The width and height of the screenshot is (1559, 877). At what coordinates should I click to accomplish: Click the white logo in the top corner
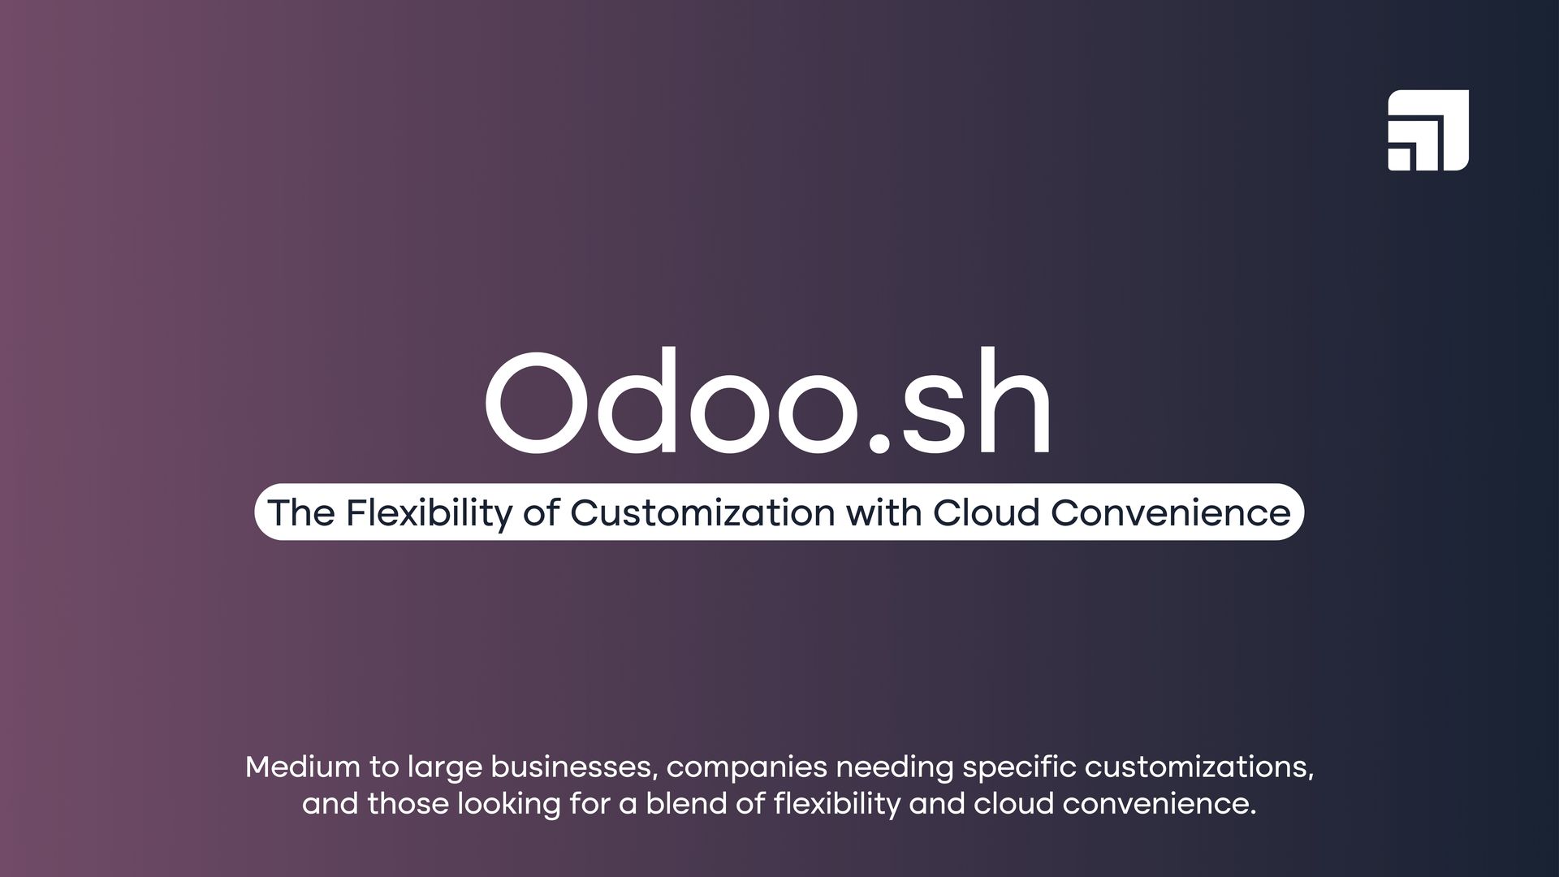(1427, 130)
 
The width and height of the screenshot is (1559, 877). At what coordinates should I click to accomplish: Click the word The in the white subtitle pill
(300, 512)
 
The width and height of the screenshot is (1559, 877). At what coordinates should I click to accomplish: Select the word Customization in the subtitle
(702, 512)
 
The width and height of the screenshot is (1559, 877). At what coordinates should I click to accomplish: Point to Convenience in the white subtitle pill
(1171, 512)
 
